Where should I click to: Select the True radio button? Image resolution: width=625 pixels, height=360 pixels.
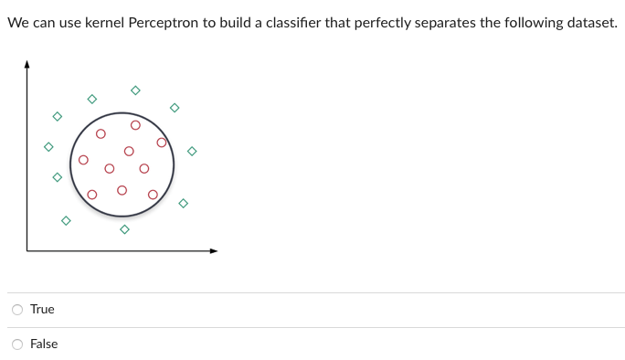(17, 310)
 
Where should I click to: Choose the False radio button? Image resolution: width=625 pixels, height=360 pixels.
(17, 344)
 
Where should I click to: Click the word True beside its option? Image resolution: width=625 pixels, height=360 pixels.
(42, 310)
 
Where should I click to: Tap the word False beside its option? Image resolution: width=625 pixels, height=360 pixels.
(44, 344)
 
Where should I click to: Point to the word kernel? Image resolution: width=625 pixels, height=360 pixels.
(111, 23)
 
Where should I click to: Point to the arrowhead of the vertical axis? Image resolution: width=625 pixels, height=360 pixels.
(26, 64)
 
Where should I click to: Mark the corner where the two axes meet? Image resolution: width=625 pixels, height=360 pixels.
(26, 249)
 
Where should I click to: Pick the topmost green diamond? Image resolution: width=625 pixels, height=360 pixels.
(135, 90)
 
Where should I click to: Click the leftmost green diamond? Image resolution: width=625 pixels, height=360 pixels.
(48, 146)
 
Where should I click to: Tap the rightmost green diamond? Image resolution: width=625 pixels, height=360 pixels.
(192, 151)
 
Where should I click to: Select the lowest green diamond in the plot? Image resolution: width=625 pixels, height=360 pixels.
(124, 229)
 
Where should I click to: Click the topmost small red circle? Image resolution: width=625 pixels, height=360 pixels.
(135, 125)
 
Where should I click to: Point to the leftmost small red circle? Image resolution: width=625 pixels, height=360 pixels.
(82, 161)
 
